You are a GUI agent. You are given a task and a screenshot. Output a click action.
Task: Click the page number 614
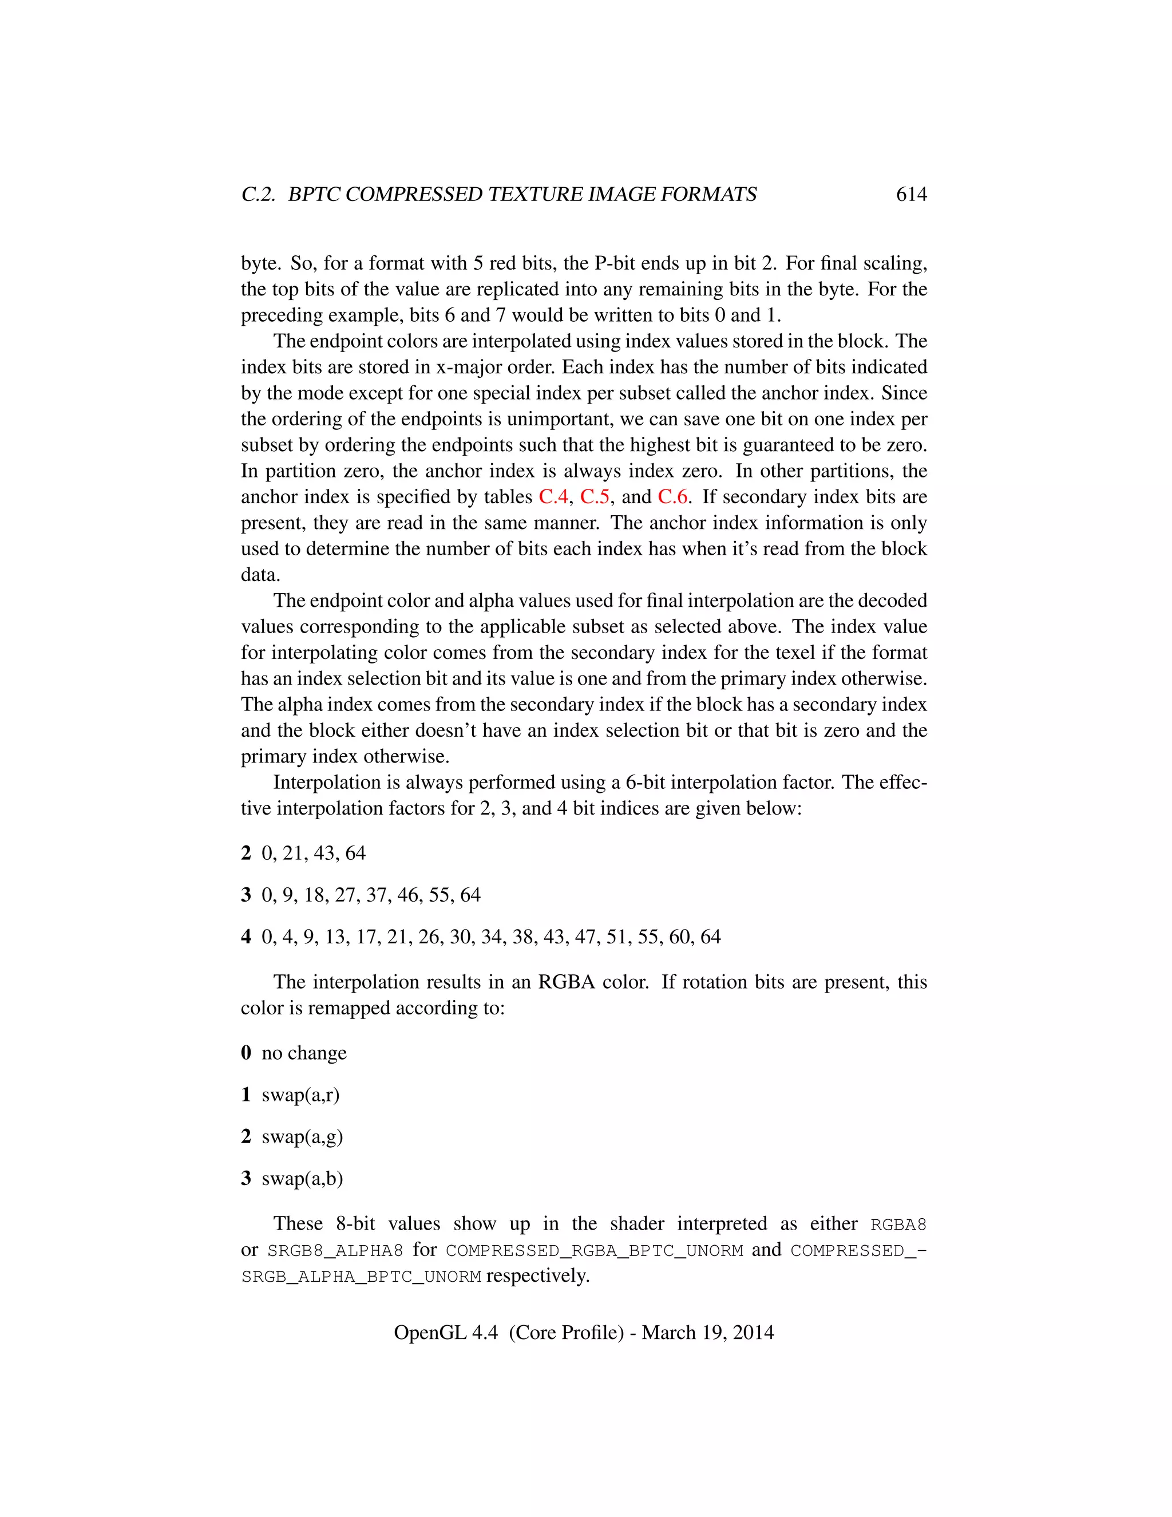click(911, 195)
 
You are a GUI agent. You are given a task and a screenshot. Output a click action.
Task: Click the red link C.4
click(553, 497)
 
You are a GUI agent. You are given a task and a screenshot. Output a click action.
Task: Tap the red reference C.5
click(595, 497)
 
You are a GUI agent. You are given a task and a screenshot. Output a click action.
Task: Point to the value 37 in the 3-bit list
click(375, 895)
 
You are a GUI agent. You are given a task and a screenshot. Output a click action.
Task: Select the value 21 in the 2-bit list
click(292, 853)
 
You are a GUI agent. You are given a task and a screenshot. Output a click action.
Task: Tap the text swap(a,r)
click(300, 1095)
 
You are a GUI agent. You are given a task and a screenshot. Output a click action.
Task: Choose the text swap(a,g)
click(302, 1137)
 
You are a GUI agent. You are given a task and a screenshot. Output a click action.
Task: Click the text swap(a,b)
click(302, 1179)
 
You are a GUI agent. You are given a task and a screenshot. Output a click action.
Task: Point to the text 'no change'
click(304, 1053)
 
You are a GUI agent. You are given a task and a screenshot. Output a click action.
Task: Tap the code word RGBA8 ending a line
click(898, 1225)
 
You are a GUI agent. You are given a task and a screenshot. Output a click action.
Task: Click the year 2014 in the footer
click(753, 1333)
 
